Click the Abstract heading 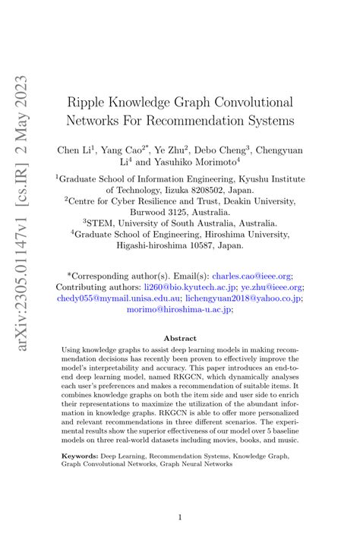point(179,339)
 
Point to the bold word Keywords point(80,457)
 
